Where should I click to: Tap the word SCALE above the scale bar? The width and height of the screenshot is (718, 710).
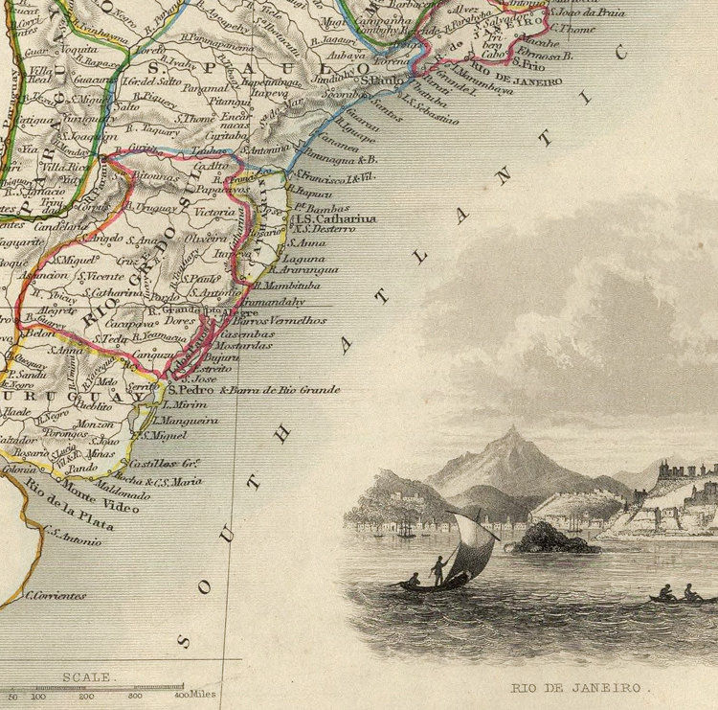(86, 676)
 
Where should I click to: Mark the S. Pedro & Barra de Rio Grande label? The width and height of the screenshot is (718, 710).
(253, 390)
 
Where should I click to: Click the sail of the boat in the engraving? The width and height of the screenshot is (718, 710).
(475, 546)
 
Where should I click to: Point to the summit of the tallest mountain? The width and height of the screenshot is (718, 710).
(513, 432)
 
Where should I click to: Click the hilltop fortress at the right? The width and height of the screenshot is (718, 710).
(684, 473)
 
